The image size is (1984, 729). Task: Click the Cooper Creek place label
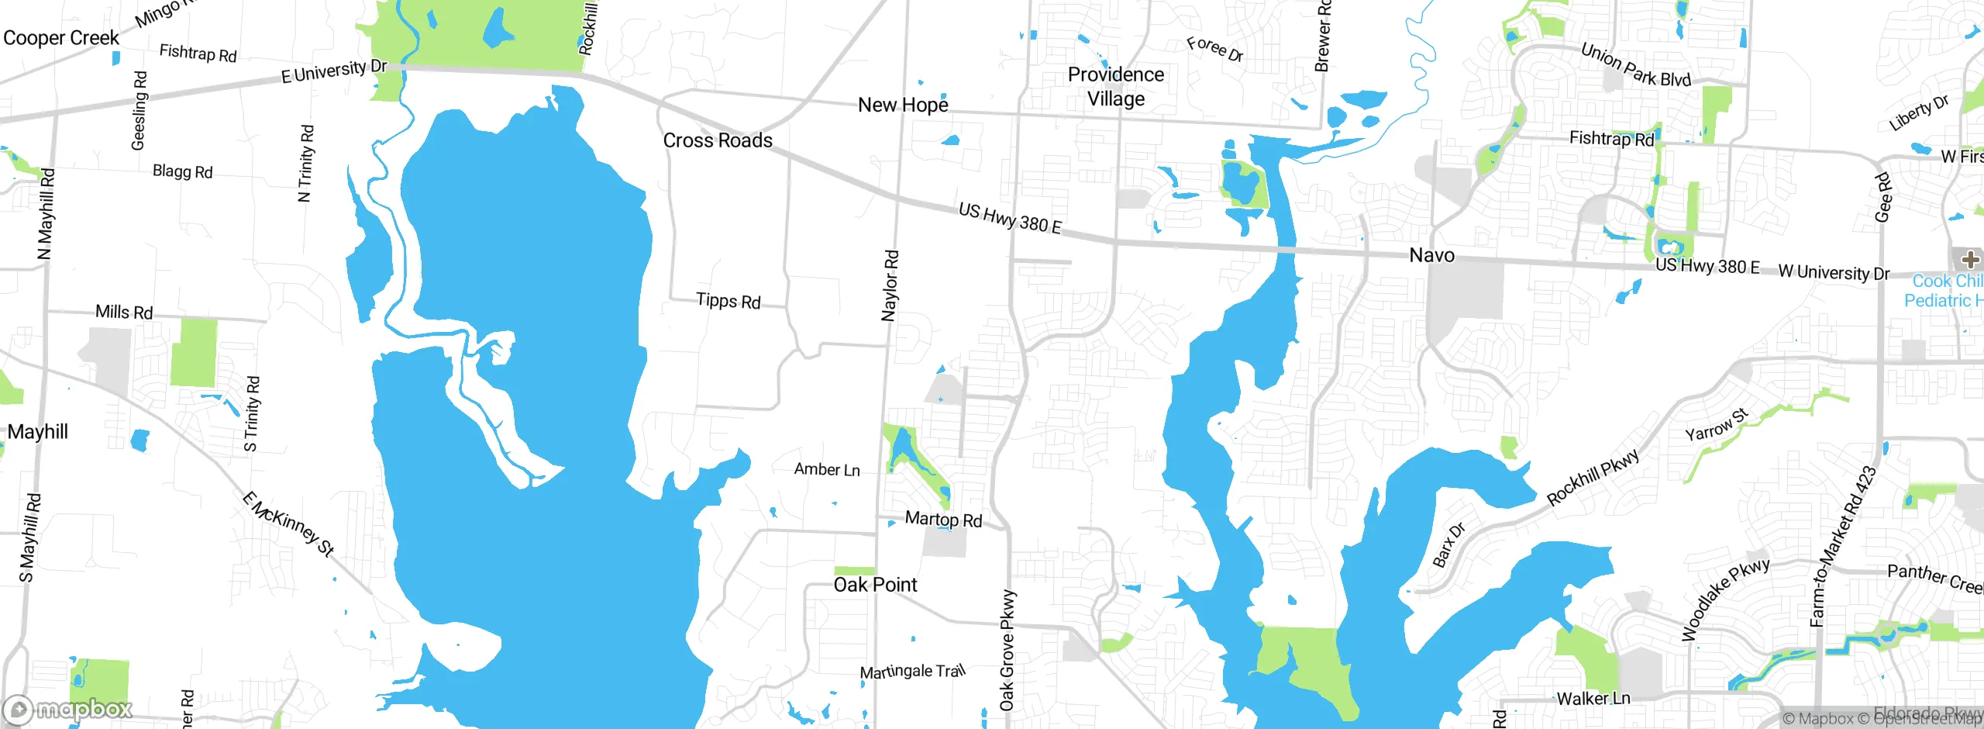tap(61, 38)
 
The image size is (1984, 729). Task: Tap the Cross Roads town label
tap(718, 140)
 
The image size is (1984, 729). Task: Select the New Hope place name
tap(903, 105)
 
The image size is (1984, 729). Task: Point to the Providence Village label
tap(1115, 86)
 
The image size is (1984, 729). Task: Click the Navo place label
tap(1431, 255)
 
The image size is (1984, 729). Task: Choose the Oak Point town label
tap(875, 585)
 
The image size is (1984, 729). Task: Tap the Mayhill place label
tap(37, 432)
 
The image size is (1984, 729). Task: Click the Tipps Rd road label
tap(728, 301)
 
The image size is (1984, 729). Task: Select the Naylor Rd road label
tap(890, 285)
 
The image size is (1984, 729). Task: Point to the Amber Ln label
tap(827, 469)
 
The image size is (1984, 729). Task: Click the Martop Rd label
tap(943, 520)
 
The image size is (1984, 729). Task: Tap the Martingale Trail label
tap(913, 671)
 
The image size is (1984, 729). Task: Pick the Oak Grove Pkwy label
tap(1007, 650)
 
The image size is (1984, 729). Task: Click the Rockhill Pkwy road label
tap(1593, 477)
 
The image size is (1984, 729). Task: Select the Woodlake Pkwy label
tap(1725, 599)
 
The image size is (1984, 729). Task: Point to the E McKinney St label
tap(288, 524)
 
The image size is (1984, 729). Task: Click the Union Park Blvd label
tap(1635, 65)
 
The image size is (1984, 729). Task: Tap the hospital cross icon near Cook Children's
tap(1969, 259)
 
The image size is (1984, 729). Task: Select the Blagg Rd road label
tap(182, 171)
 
